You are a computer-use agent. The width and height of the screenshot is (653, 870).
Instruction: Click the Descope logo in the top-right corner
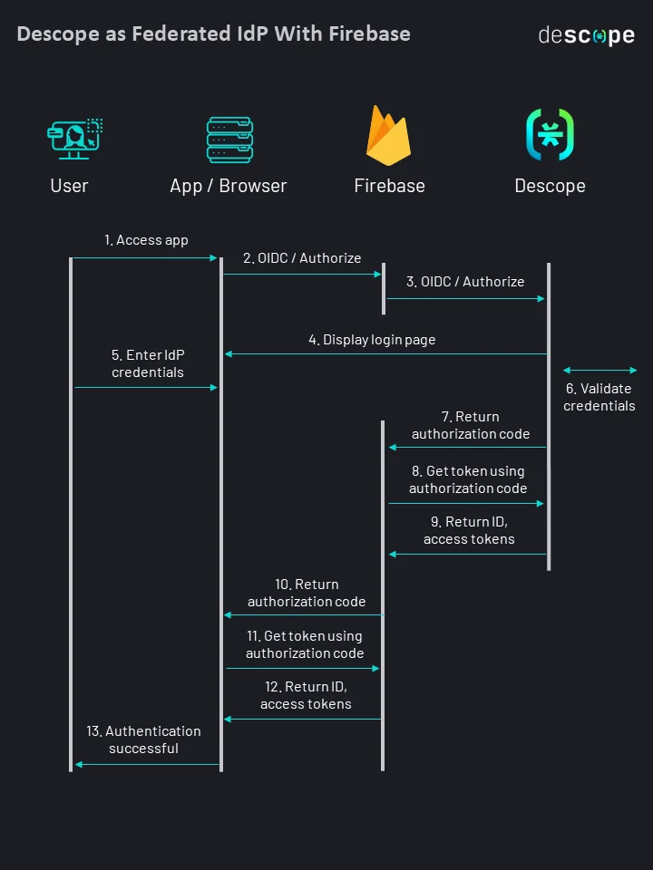tap(586, 35)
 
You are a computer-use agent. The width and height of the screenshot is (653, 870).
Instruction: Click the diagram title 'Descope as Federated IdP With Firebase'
tap(213, 34)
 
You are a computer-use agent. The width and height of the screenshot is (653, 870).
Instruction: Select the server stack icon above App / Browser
tap(229, 139)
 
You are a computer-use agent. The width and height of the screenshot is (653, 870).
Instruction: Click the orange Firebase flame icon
tap(389, 136)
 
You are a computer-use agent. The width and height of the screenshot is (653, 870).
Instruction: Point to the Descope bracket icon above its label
tap(550, 135)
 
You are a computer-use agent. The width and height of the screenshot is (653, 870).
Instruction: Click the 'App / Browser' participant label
tap(229, 186)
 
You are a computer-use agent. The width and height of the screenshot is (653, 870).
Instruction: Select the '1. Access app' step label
tap(146, 240)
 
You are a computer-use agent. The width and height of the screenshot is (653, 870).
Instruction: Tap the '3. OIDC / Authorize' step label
tap(465, 282)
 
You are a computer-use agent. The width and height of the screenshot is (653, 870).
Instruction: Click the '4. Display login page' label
tap(372, 340)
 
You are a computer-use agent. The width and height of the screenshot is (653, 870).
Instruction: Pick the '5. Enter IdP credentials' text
tap(148, 363)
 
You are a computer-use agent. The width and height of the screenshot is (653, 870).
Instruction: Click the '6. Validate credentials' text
tap(599, 397)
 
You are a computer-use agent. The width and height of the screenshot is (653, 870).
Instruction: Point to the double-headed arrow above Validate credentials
tap(599, 370)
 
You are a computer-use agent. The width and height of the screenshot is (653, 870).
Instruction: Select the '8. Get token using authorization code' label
tap(468, 479)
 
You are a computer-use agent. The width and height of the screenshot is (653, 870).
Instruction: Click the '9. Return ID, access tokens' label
tap(469, 530)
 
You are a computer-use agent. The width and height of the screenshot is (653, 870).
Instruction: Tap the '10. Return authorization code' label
tap(307, 593)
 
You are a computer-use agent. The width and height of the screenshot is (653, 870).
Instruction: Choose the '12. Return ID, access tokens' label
tap(306, 695)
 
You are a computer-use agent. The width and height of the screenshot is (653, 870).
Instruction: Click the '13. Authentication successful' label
tap(144, 739)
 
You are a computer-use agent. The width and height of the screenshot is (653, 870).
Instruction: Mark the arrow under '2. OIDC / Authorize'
tap(302, 274)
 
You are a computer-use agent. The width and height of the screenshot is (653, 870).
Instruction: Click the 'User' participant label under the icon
tap(69, 186)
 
